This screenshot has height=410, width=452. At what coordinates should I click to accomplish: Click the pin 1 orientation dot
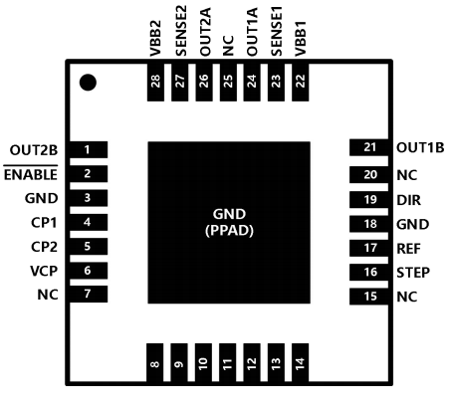click(88, 83)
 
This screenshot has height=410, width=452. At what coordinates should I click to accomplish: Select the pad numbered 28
click(155, 82)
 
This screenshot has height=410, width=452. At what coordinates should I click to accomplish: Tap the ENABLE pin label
click(31, 174)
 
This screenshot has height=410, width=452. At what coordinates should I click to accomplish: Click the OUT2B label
click(34, 150)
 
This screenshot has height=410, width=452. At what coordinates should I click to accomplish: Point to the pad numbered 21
click(369, 147)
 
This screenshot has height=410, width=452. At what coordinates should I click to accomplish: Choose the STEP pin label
click(413, 273)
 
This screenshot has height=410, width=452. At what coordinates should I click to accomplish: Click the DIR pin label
click(409, 200)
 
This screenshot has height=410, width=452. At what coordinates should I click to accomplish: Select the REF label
click(409, 249)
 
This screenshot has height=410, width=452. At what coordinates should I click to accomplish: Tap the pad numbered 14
click(300, 362)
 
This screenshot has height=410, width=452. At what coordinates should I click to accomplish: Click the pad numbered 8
click(154, 362)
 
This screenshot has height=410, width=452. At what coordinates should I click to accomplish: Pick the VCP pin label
click(44, 271)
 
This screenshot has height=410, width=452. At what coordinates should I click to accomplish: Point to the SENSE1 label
click(276, 31)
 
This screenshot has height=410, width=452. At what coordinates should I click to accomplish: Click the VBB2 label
click(155, 38)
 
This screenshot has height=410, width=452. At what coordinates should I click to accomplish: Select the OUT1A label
click(252, 32)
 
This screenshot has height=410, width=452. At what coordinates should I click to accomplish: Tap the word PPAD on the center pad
click(229, 231)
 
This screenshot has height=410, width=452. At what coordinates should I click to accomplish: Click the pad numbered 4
click(88, 222)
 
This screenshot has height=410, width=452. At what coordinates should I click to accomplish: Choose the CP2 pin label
click(44, 247)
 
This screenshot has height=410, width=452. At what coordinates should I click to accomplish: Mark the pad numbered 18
click(369, 224)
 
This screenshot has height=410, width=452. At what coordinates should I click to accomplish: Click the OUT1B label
click(420, 147)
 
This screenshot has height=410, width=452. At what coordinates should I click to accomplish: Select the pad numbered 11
click(227, 362)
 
